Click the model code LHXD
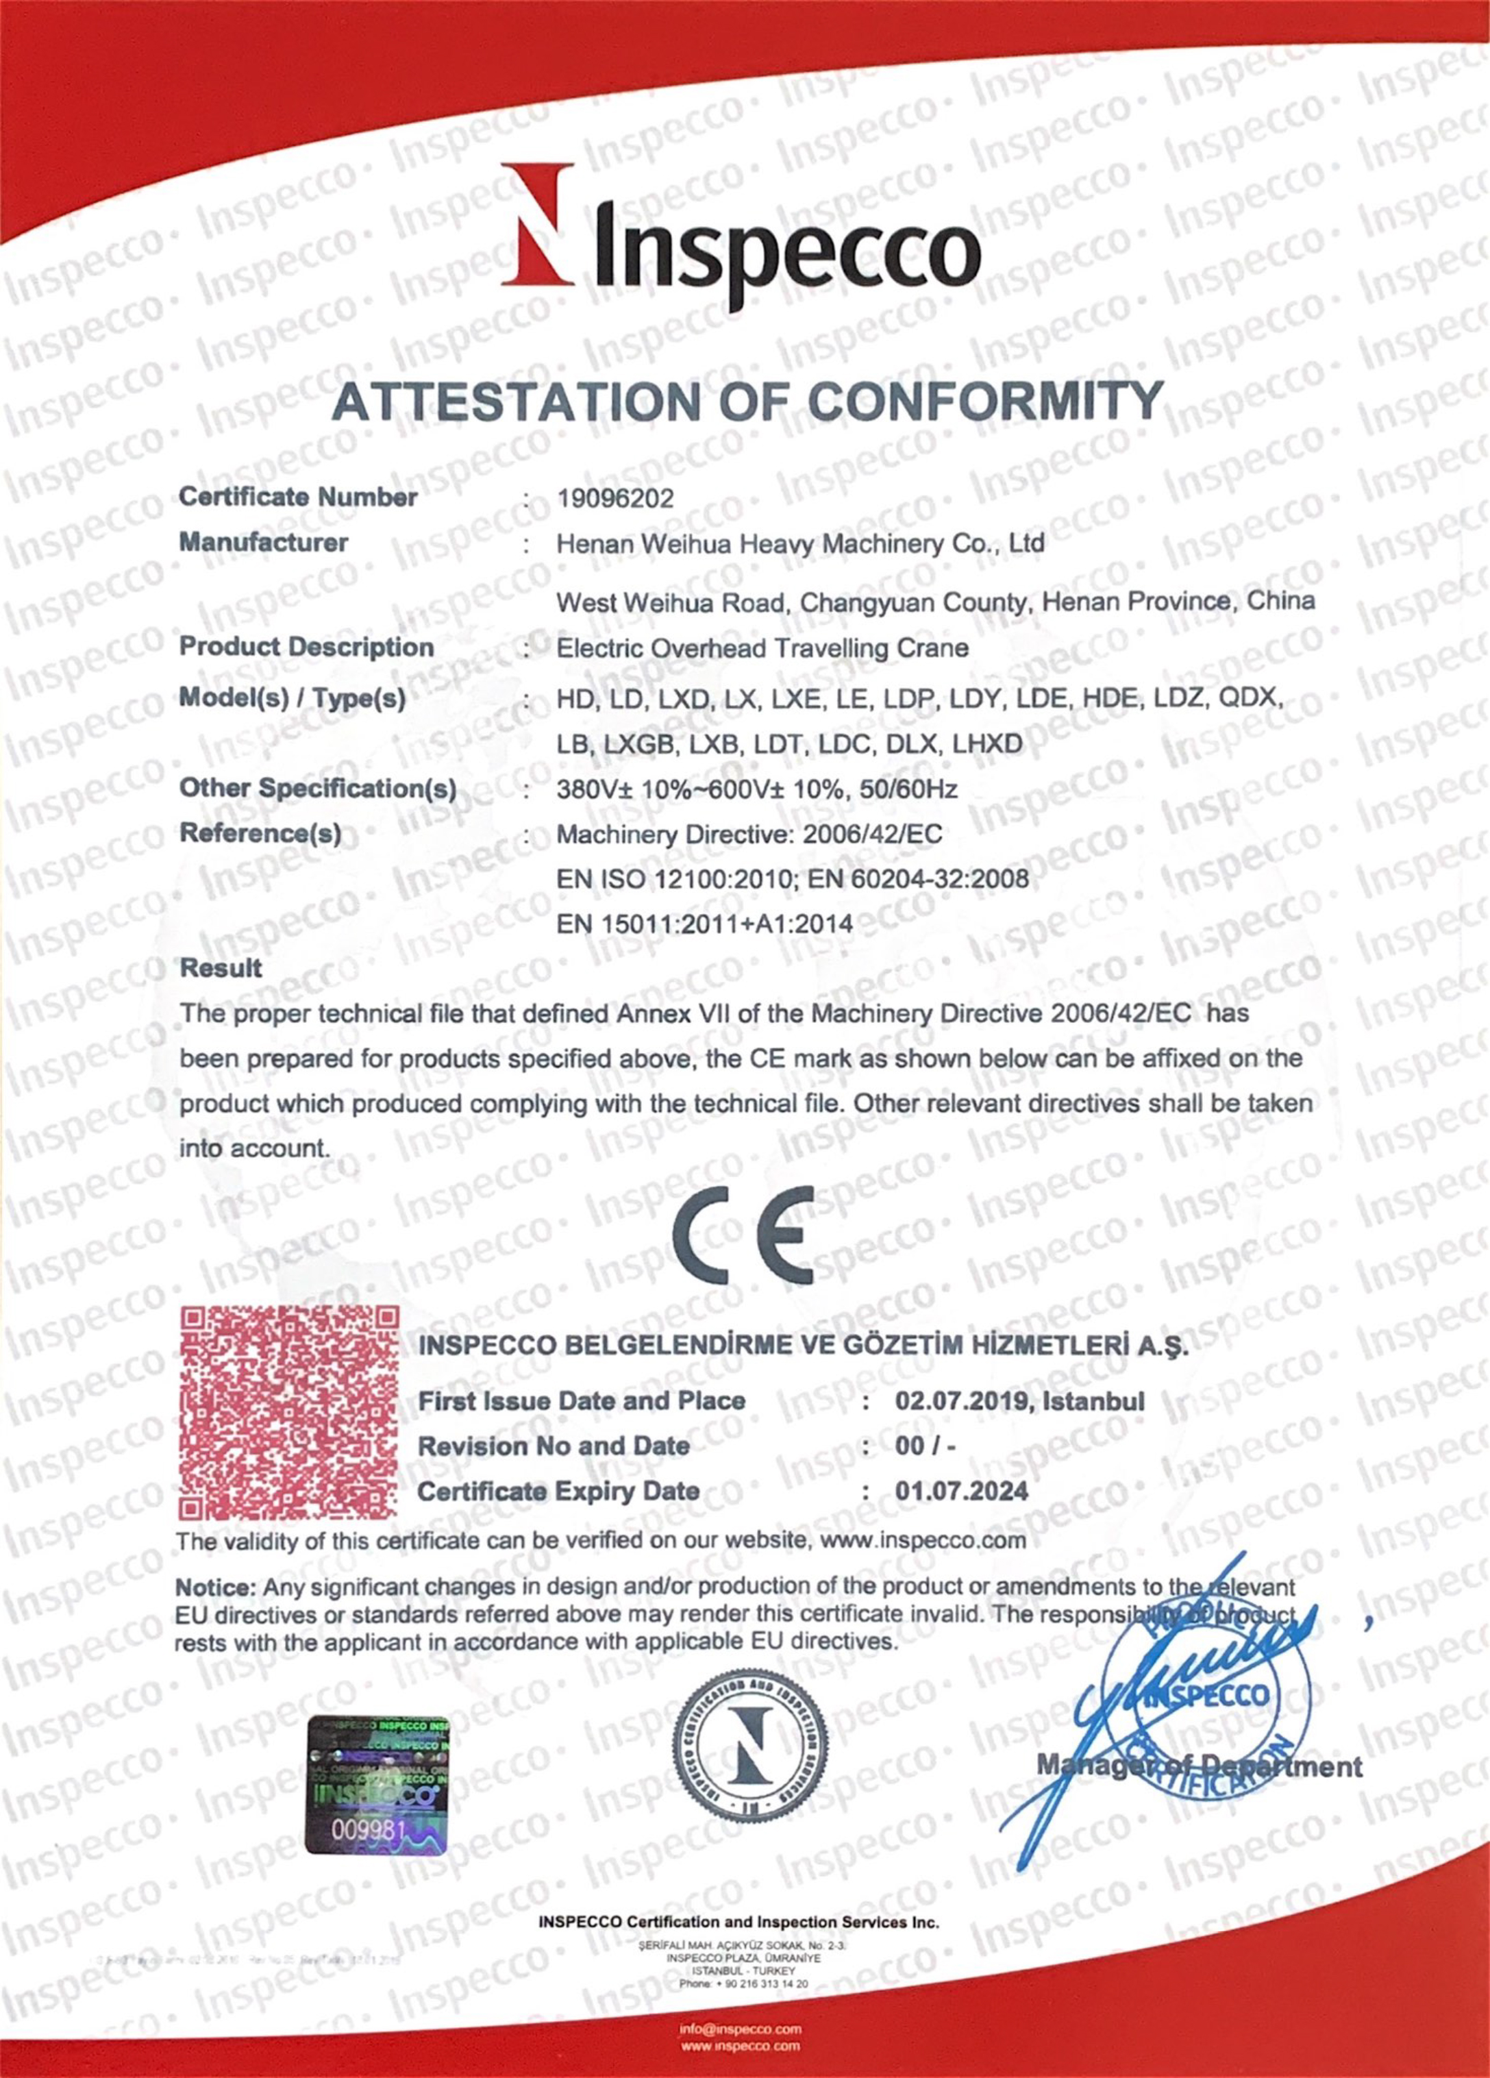click(987, 744)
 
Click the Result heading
click(221, 969)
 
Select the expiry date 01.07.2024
click(963, 1492)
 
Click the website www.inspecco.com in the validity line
click(923, 1540)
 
